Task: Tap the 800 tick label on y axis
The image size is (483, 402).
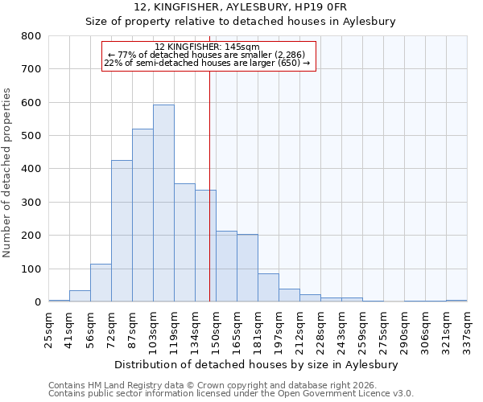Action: tap(31, 36)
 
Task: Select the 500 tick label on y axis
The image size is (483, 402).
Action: tap(31, 136)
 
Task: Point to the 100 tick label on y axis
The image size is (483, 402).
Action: tap(31, 269)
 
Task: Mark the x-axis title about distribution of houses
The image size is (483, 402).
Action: tap(256, 364)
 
